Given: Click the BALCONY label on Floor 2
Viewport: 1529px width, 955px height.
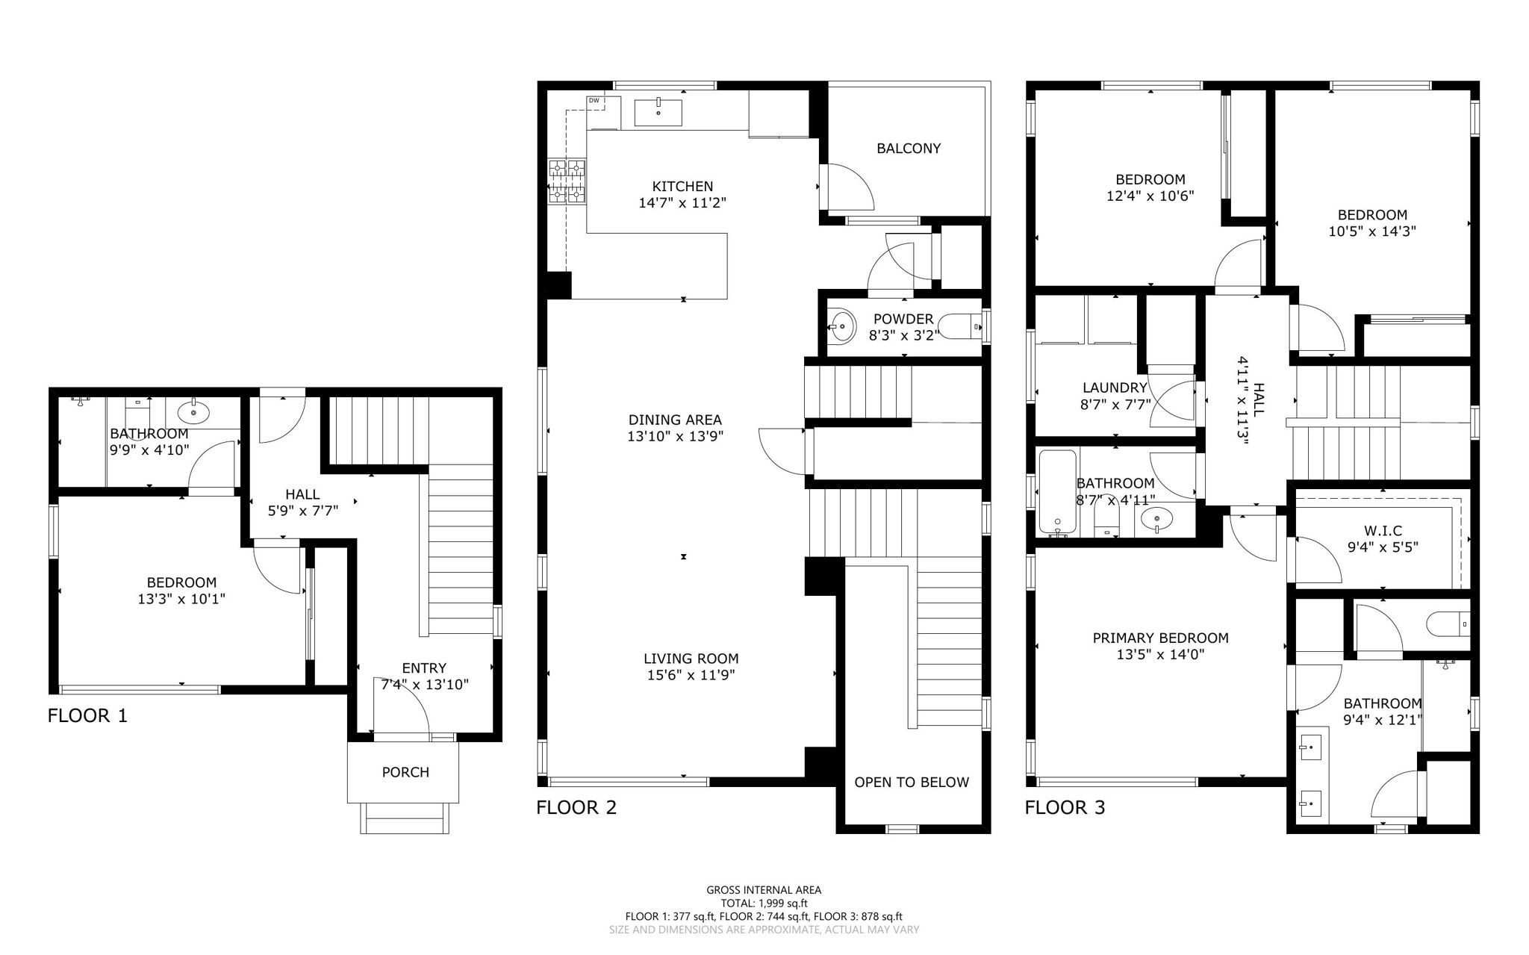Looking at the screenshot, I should (x=908, y=149).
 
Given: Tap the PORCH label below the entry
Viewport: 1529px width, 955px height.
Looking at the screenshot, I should (x=405, y=772).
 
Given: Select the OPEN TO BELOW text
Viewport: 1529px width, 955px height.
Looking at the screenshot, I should (x=912, y=782).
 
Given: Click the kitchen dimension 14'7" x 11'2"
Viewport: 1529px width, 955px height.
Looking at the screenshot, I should (x=682, y=202).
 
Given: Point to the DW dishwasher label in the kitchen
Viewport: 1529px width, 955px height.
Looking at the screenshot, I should (x=594, y=101).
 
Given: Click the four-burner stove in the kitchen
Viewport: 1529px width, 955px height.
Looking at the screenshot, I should (x=567, y=181).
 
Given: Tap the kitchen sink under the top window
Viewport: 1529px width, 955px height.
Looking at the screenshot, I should (x=658, y=112).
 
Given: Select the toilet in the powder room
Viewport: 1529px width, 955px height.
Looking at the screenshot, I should (x=959, y=326).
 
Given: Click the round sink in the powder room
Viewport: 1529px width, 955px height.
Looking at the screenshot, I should (x=843, y=326).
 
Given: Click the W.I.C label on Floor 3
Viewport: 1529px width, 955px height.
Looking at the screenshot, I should (x=1383, y=530).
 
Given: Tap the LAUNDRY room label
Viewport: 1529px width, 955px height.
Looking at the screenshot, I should (x=1115, y=388).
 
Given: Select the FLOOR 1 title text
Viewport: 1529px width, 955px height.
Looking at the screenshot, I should (x=87, y=715).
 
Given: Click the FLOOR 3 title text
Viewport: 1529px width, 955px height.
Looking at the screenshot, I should (x=1065, y=807).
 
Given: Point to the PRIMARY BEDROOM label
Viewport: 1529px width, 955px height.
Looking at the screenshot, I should (x=1160, y=638).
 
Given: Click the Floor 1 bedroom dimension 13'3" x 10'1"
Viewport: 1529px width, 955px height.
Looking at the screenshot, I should (x=181, y=599).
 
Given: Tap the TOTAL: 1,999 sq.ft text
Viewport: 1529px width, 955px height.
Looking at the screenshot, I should (x=764, y=903).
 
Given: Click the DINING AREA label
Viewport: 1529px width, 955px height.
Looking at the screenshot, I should (x=675, y=420).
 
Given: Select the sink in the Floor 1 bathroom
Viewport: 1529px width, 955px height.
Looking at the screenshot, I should (x=193, y=410).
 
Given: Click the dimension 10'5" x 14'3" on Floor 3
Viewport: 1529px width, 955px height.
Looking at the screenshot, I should (x=1372, y=231).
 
